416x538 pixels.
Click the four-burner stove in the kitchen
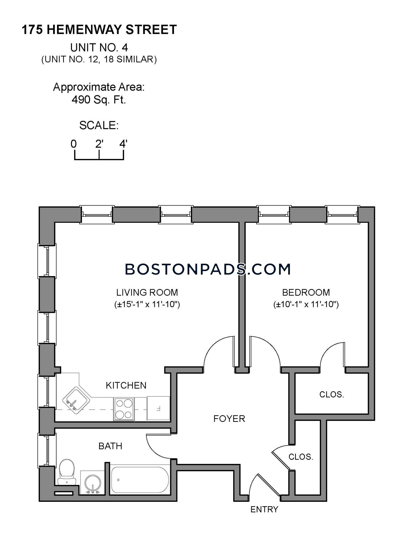[124, 409]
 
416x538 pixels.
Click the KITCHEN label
[126, 385]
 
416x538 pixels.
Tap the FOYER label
[229, 418]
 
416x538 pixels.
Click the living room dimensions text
[147, 304]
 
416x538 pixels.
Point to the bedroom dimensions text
[306, 304]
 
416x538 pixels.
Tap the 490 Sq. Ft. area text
[99, 100]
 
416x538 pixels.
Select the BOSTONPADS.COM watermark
[208, 269]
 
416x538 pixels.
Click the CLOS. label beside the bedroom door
[332, 394]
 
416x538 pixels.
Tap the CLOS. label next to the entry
[301, 457]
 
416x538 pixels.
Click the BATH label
[110, 446]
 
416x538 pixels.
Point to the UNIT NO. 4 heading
[99, 48]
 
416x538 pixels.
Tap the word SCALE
[99, 125]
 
